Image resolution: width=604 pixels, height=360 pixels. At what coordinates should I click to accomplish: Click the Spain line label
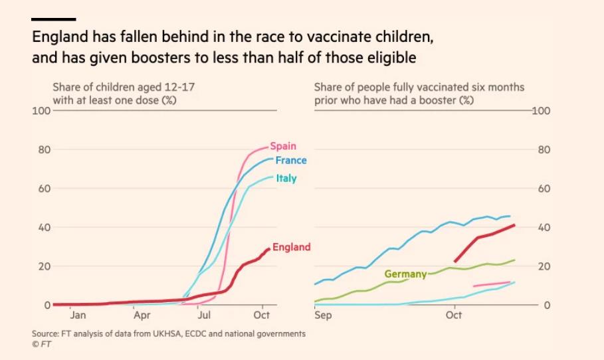pos(283,146)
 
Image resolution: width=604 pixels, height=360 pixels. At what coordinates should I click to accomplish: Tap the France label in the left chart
pos(290,161)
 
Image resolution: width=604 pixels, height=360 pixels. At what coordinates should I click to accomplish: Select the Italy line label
pos(286,178)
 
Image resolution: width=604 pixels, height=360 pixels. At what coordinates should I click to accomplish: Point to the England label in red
pos(291,247)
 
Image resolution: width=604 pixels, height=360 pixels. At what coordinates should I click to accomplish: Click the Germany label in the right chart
pos(405,274)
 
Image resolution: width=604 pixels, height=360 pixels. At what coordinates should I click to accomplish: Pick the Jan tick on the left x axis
pos(78,315)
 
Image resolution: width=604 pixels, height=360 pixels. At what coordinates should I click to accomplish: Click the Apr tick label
pos(141,315)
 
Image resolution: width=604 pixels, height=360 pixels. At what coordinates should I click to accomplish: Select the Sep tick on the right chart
pos(323,315)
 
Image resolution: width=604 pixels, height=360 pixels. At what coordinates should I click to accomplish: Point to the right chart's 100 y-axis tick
pos(542,110)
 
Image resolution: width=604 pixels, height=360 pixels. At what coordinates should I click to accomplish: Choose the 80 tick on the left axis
pos(44,149)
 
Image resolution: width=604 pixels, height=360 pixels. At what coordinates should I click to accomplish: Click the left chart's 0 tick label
pos(47,306)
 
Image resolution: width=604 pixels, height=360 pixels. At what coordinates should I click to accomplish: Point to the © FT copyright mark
pos(41,343)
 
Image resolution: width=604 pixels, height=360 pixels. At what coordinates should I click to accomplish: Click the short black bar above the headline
pos(54,19)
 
